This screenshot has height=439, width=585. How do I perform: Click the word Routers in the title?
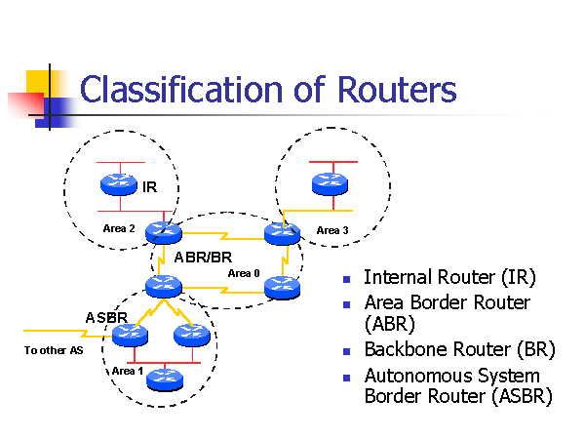(396, 90)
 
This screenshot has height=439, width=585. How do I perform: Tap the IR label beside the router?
(149, 186)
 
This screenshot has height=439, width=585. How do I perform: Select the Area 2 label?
(119, 228)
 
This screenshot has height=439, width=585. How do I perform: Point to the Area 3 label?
(331, 230)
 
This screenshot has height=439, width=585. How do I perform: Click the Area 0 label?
(244, 273)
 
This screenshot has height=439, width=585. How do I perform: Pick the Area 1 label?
(128, 372)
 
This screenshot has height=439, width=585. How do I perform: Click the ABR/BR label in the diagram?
(203, 259)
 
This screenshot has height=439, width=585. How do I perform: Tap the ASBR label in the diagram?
(105, 318)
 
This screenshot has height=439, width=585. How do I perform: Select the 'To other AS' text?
(54, 350)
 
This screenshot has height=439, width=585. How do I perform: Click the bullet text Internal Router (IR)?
(435, 279)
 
